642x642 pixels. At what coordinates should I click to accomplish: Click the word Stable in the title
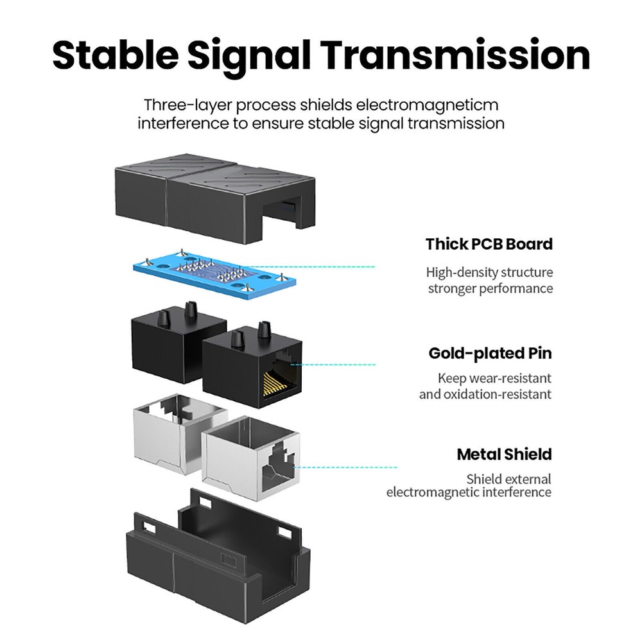coord(116,55)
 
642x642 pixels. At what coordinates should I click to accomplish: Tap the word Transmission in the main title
coord(455,55)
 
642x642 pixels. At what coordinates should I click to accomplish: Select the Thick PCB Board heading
coord(489,244)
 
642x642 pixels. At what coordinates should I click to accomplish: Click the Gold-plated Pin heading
coord(490,353)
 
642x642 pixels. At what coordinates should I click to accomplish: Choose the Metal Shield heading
coord(505,455)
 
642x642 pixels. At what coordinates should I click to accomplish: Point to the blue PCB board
coord(215,272)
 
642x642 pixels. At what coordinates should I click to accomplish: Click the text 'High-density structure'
coord(489,272)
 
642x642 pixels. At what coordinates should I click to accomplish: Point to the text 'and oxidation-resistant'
coord(485,394)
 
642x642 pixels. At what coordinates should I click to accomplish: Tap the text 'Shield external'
coord(509,479)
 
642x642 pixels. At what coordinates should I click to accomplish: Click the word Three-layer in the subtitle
coord(187,106)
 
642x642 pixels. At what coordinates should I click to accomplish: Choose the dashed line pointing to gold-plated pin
coord(333,365)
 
